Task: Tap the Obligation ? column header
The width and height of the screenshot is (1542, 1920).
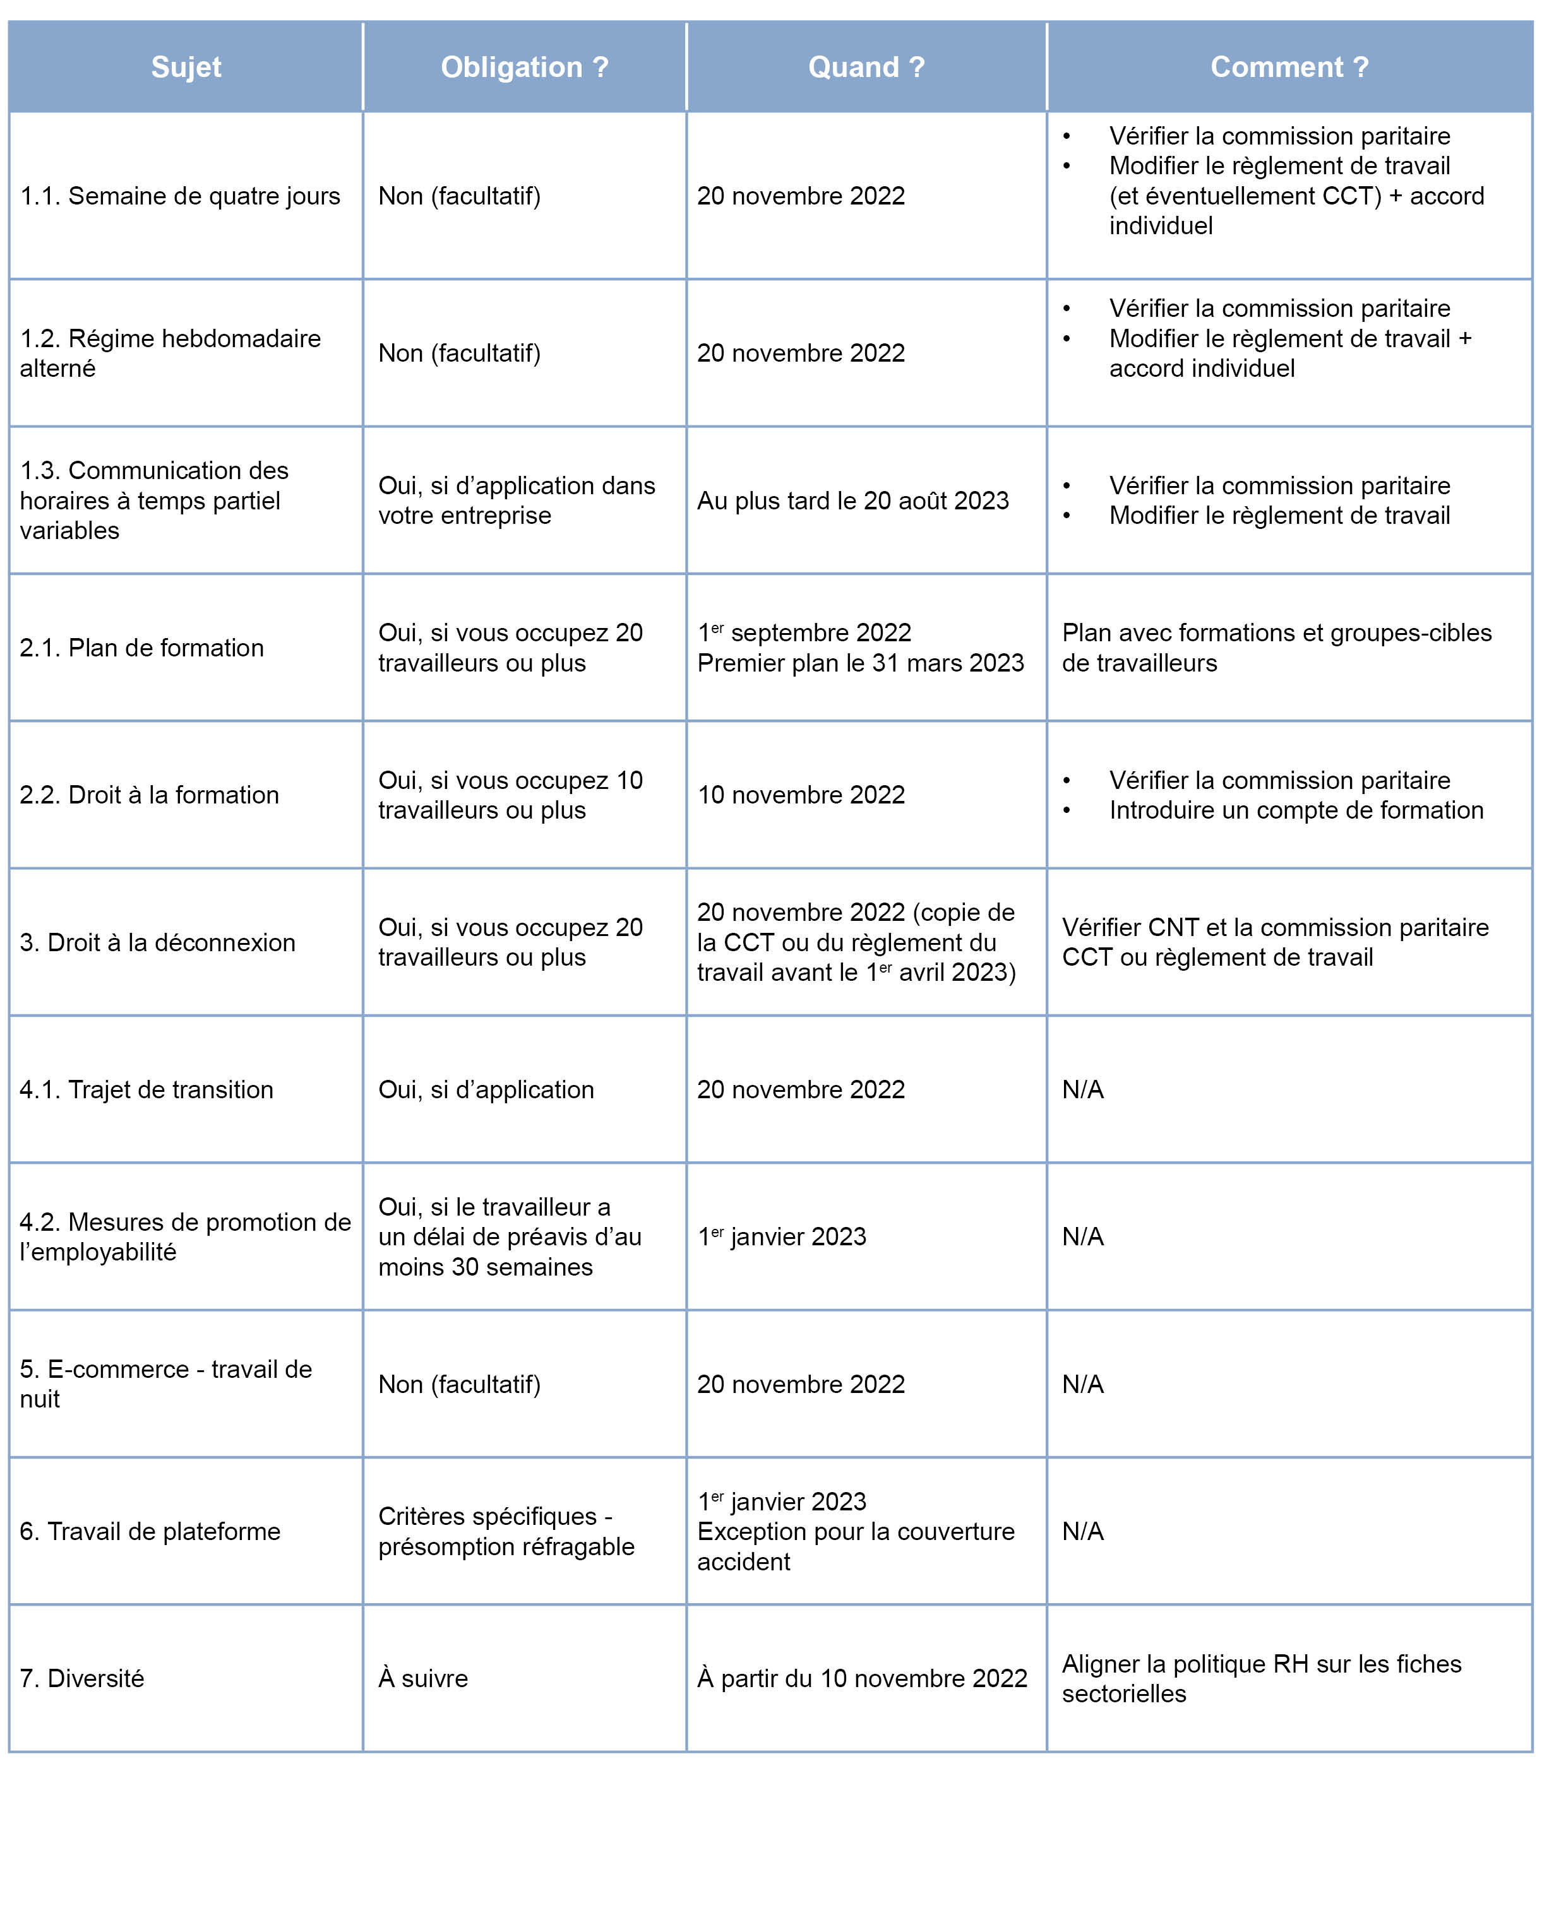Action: (x=524, y=67)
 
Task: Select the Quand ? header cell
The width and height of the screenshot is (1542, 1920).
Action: (x=866, y=67)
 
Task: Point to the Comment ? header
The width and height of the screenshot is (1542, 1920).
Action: (x=1288, y=67)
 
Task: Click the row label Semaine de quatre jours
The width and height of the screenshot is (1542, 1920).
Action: (x=180, y=196)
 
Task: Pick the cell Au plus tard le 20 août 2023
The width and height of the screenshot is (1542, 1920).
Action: (x=852, y=501)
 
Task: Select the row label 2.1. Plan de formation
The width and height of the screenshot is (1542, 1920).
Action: (x=141, y=648)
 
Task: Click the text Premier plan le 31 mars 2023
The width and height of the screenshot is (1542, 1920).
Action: (x=861, y=663)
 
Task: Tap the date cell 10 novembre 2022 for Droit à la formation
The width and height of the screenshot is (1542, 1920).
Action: (x=801, y=795)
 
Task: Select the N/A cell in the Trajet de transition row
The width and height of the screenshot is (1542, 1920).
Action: (x=1082, y=1089)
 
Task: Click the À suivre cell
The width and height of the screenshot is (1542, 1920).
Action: (x=422, y=1678)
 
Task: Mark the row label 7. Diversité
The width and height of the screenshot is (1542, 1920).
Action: (x=82, y=1678)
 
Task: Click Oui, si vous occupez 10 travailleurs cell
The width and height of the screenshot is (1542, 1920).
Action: (x=510, y=795)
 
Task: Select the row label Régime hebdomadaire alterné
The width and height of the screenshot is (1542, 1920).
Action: (x=169, y=353)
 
